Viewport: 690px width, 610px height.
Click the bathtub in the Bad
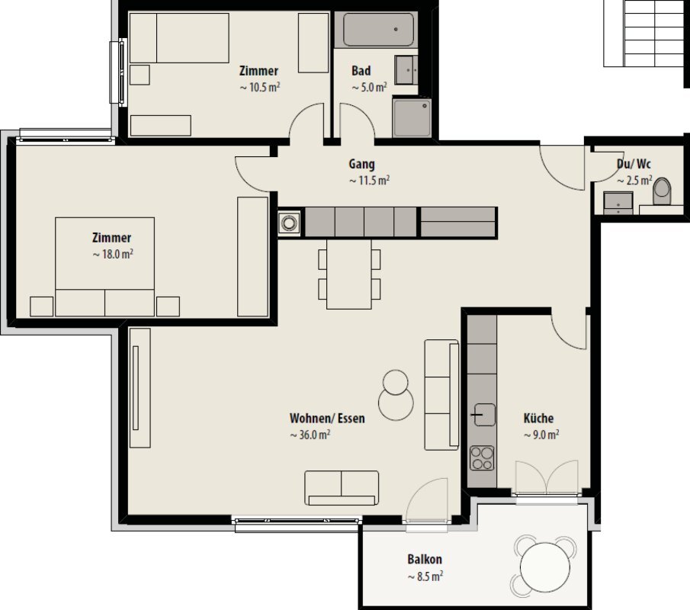(378, 30)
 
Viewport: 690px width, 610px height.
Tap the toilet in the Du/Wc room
(662, 191)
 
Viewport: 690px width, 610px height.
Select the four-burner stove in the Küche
(482, 458)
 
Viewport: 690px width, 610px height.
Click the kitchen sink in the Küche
(483, 415)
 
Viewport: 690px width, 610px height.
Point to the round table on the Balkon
(545, 567)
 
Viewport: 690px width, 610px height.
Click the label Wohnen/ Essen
(327, 418)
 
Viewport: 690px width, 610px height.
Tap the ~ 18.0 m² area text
(113, 255)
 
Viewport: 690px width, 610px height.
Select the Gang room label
(361, 164)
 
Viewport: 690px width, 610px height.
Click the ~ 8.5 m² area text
(425, 576)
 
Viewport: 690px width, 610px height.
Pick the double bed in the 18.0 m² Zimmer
(104, 266)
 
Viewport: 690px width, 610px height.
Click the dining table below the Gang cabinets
(349, 274)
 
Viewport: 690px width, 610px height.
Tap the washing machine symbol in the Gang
(289, 223)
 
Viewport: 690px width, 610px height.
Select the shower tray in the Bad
(412, 118)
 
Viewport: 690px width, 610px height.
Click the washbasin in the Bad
(406, 70)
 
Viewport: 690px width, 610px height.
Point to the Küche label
(538, 418)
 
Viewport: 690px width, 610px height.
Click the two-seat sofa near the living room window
(342, 488)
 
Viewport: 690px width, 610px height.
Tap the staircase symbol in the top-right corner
(643, 34)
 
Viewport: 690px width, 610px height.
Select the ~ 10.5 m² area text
(260, 87)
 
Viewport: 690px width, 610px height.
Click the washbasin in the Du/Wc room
(618, 203)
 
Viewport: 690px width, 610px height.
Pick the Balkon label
(425, 560)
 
